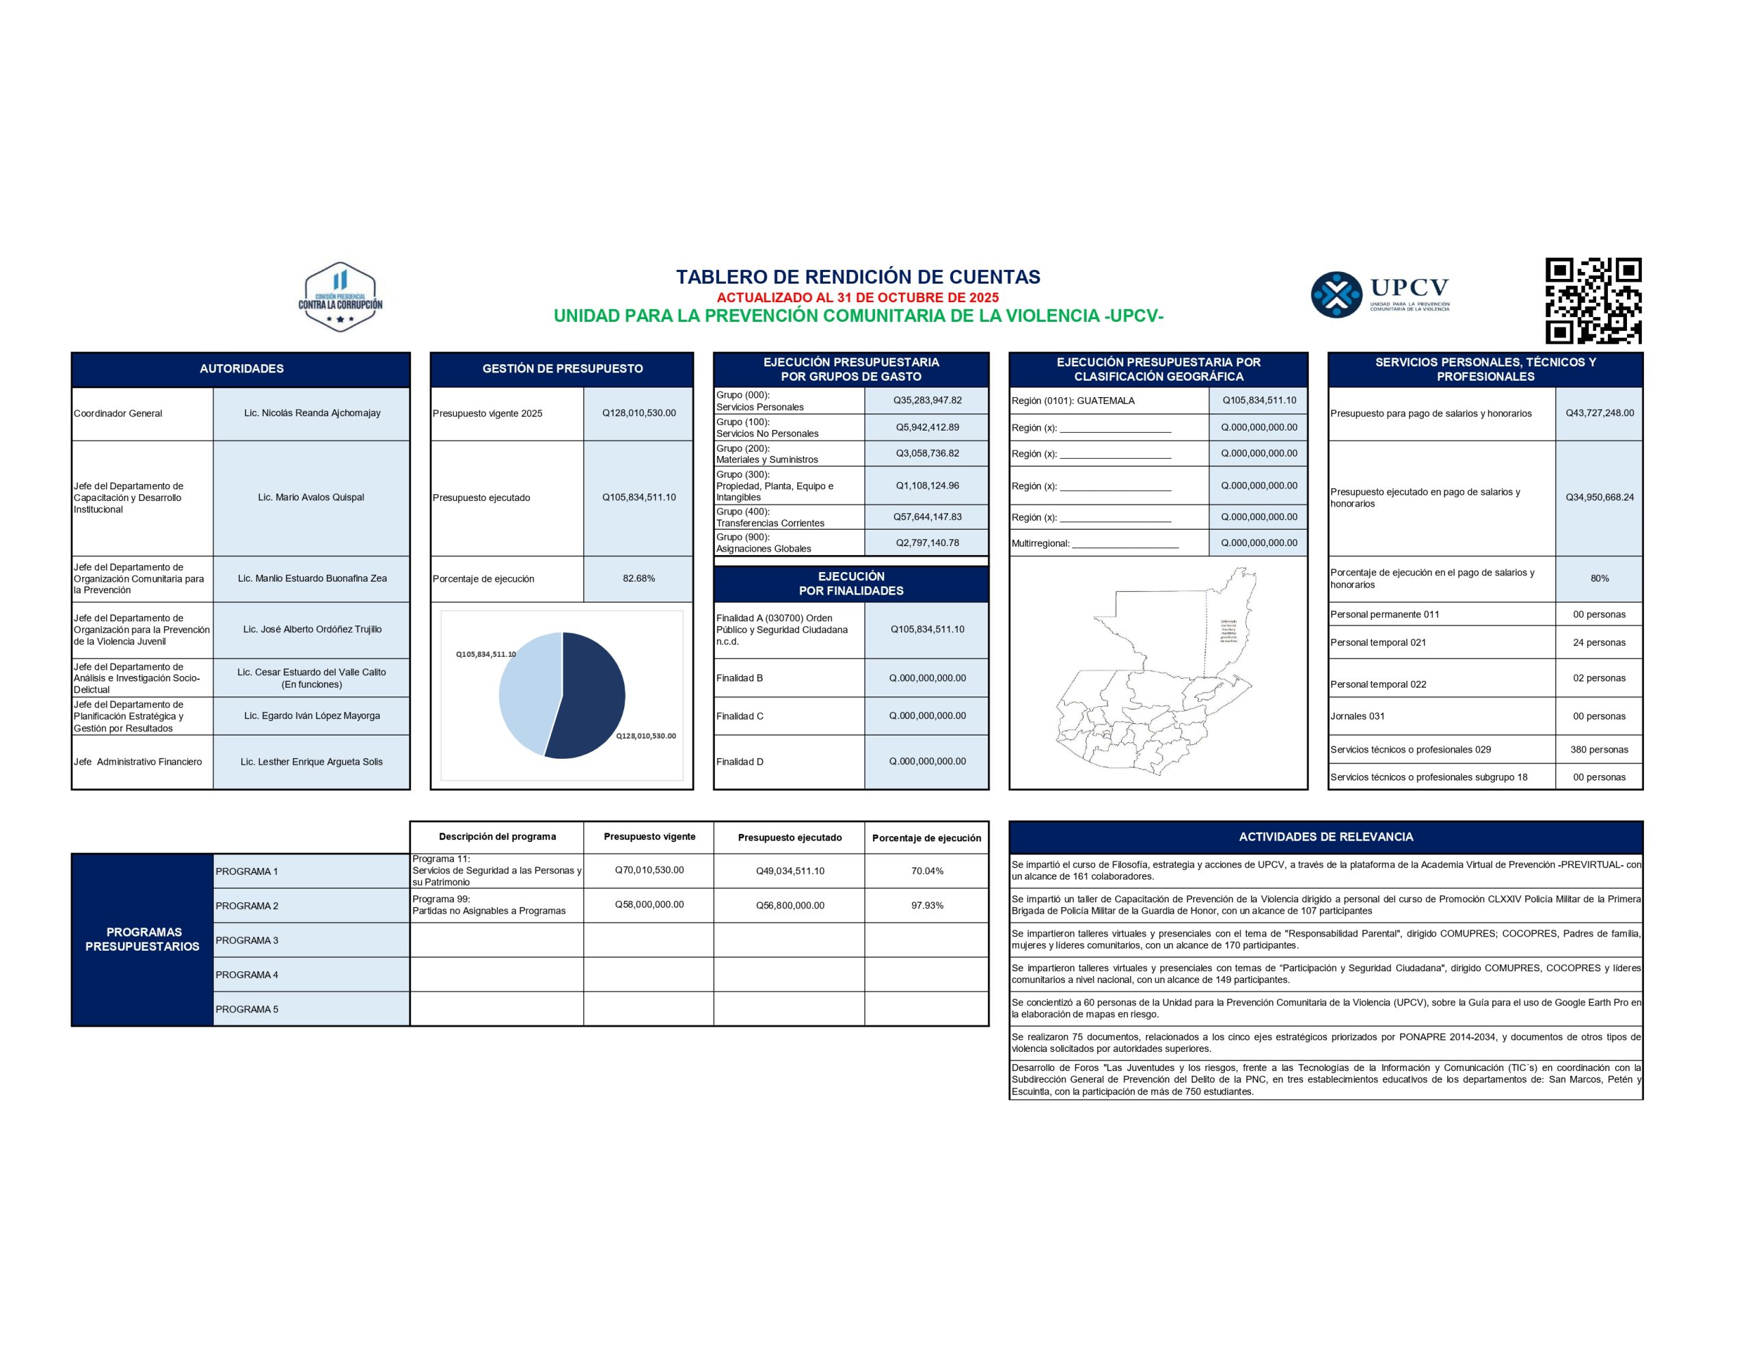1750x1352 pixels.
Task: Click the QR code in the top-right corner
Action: tap(1593, 301)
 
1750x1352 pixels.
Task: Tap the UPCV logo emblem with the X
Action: tap(1336, 295)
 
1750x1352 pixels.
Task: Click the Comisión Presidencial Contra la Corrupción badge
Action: tap(340, 297)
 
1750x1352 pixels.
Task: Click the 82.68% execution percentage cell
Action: tap(638, 579)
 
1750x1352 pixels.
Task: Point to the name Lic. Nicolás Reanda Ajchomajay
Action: tap(312, 414)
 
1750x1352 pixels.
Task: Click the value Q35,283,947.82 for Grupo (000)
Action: tap(927, 401)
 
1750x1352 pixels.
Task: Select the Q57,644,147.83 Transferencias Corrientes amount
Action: tap(927, 517)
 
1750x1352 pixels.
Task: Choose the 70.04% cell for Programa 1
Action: tap(927, 871)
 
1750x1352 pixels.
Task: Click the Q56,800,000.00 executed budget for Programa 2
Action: tap(790, 906)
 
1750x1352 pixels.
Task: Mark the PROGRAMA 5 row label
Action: tap(247, 1010)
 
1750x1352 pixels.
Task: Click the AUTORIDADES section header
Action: tap(241, 368)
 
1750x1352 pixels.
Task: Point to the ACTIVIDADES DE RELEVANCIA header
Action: tap(1325, 837)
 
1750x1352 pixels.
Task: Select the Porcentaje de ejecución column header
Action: tap(926, 838)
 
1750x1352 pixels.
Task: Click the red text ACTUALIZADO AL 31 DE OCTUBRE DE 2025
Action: tap(857, 297)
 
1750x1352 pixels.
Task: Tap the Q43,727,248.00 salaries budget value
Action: tap(1600, 414)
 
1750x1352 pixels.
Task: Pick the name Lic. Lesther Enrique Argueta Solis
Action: tap(312, 762)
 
